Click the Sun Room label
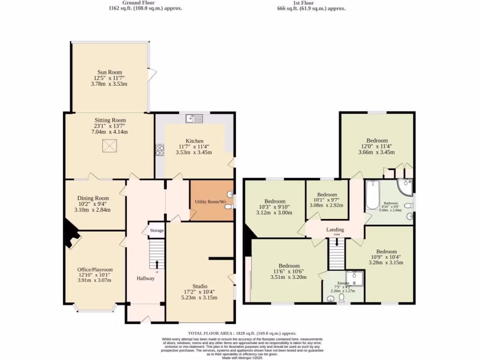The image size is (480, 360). pyautogui.click(x=110, y=72)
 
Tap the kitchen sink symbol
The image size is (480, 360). pyautogui.click(x=194, y=118)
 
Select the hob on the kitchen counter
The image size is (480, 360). pyautogui.click(x=160, y=150)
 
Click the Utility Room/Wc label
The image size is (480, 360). pyautogui.click(x=210, y=202)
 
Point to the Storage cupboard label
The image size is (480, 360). pyautogui.click(x=157, y=231)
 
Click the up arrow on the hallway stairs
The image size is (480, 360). pyautogui.click(x=157, y=265)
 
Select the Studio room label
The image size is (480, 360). pyautogui.click(x=200, y=286)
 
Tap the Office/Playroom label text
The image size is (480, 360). pyautogui.click(x=95, y=270)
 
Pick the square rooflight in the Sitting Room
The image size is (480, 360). pyautogui.click(x=110, y=146)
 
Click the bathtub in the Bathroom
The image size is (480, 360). pyautogui.click(x=372, y=195)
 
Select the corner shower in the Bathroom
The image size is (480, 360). pyautogui.click(x=405, y=187)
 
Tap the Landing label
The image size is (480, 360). pyautogui.click(x=335, y=230)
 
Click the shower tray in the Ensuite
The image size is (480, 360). pyautogui.click(x=355, y=278)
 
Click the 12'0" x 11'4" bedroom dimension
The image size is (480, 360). pyautogui.click(x=377, y=146)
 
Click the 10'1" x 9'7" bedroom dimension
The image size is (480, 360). pyautogui.click(x=327, y=200)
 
